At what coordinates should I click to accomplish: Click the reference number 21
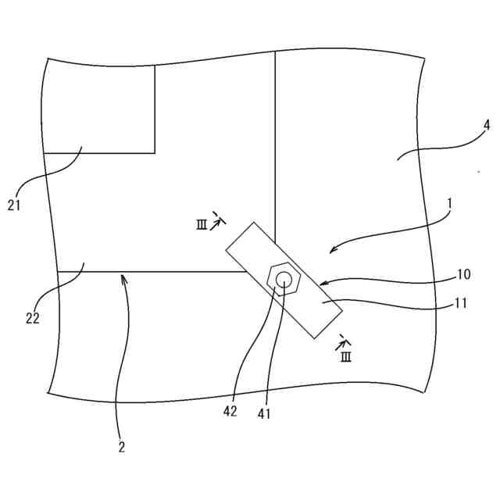point(15,205)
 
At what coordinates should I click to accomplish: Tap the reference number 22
point(31,318)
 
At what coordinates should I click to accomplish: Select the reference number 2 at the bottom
point(121,448)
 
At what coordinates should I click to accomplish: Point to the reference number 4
point(486,125)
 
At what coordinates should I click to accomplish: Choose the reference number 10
point(463,274)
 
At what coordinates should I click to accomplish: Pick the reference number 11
point(461,303)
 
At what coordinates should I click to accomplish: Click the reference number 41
point(264,414)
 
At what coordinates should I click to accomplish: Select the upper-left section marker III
point(202,225)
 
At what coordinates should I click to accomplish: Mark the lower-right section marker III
point(345,357)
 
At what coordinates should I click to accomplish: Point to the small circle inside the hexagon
point(285,279)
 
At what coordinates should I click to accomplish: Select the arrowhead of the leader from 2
point(123,275)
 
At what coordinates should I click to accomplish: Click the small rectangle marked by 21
point(99,109)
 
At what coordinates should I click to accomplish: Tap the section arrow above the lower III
point(342,341)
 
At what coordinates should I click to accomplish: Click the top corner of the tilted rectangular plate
point(255,223)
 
